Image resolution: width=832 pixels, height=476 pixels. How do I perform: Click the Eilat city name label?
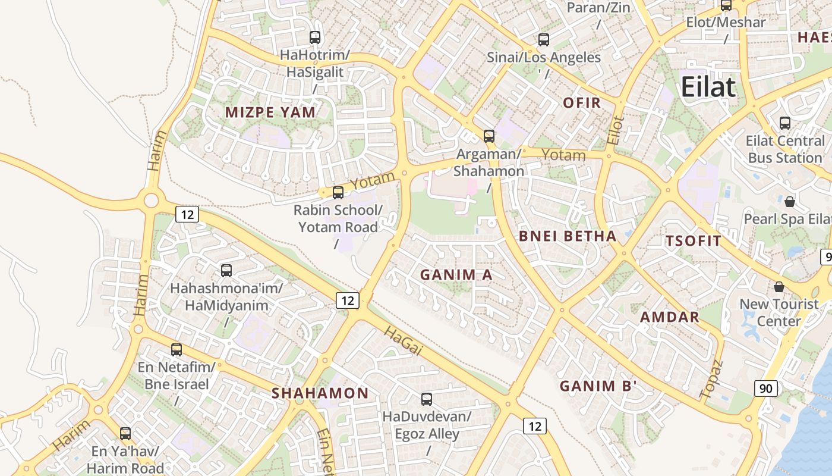point(708,87)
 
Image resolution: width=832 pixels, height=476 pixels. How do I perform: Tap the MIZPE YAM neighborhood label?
point(270,112)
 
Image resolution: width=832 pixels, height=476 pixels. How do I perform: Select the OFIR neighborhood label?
point(582,103)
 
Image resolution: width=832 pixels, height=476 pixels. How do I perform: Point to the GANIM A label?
point(456,275)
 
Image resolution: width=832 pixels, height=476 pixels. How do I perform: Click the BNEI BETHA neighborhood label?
point(568,236)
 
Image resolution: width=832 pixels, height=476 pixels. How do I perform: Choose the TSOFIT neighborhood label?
point(693,241)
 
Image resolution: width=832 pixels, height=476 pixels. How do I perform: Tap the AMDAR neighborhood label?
point(670,317)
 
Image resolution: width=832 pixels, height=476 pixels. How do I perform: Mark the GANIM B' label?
point(598,386)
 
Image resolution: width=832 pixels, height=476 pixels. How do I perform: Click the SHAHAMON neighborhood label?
point(320,393)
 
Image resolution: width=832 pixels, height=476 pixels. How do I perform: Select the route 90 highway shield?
point(766,389)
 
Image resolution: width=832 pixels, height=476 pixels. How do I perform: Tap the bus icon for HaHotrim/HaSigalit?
point(315,37)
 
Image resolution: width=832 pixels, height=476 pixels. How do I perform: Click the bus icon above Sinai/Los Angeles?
point(543,40)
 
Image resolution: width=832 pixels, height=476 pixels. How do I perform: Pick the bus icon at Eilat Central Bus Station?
point(785,123)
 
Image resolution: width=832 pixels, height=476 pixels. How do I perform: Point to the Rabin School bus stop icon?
point(338,192)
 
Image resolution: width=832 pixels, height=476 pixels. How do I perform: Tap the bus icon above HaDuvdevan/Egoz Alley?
point(426,399)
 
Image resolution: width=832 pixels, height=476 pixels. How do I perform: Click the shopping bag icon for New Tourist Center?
point(779,287)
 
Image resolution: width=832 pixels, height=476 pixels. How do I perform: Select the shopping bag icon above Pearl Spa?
point(789,202)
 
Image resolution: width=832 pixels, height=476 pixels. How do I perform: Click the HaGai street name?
point(403,340)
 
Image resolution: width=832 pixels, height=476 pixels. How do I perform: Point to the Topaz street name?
point(711,380)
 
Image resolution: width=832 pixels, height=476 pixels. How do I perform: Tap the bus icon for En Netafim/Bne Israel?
point(176,349)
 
